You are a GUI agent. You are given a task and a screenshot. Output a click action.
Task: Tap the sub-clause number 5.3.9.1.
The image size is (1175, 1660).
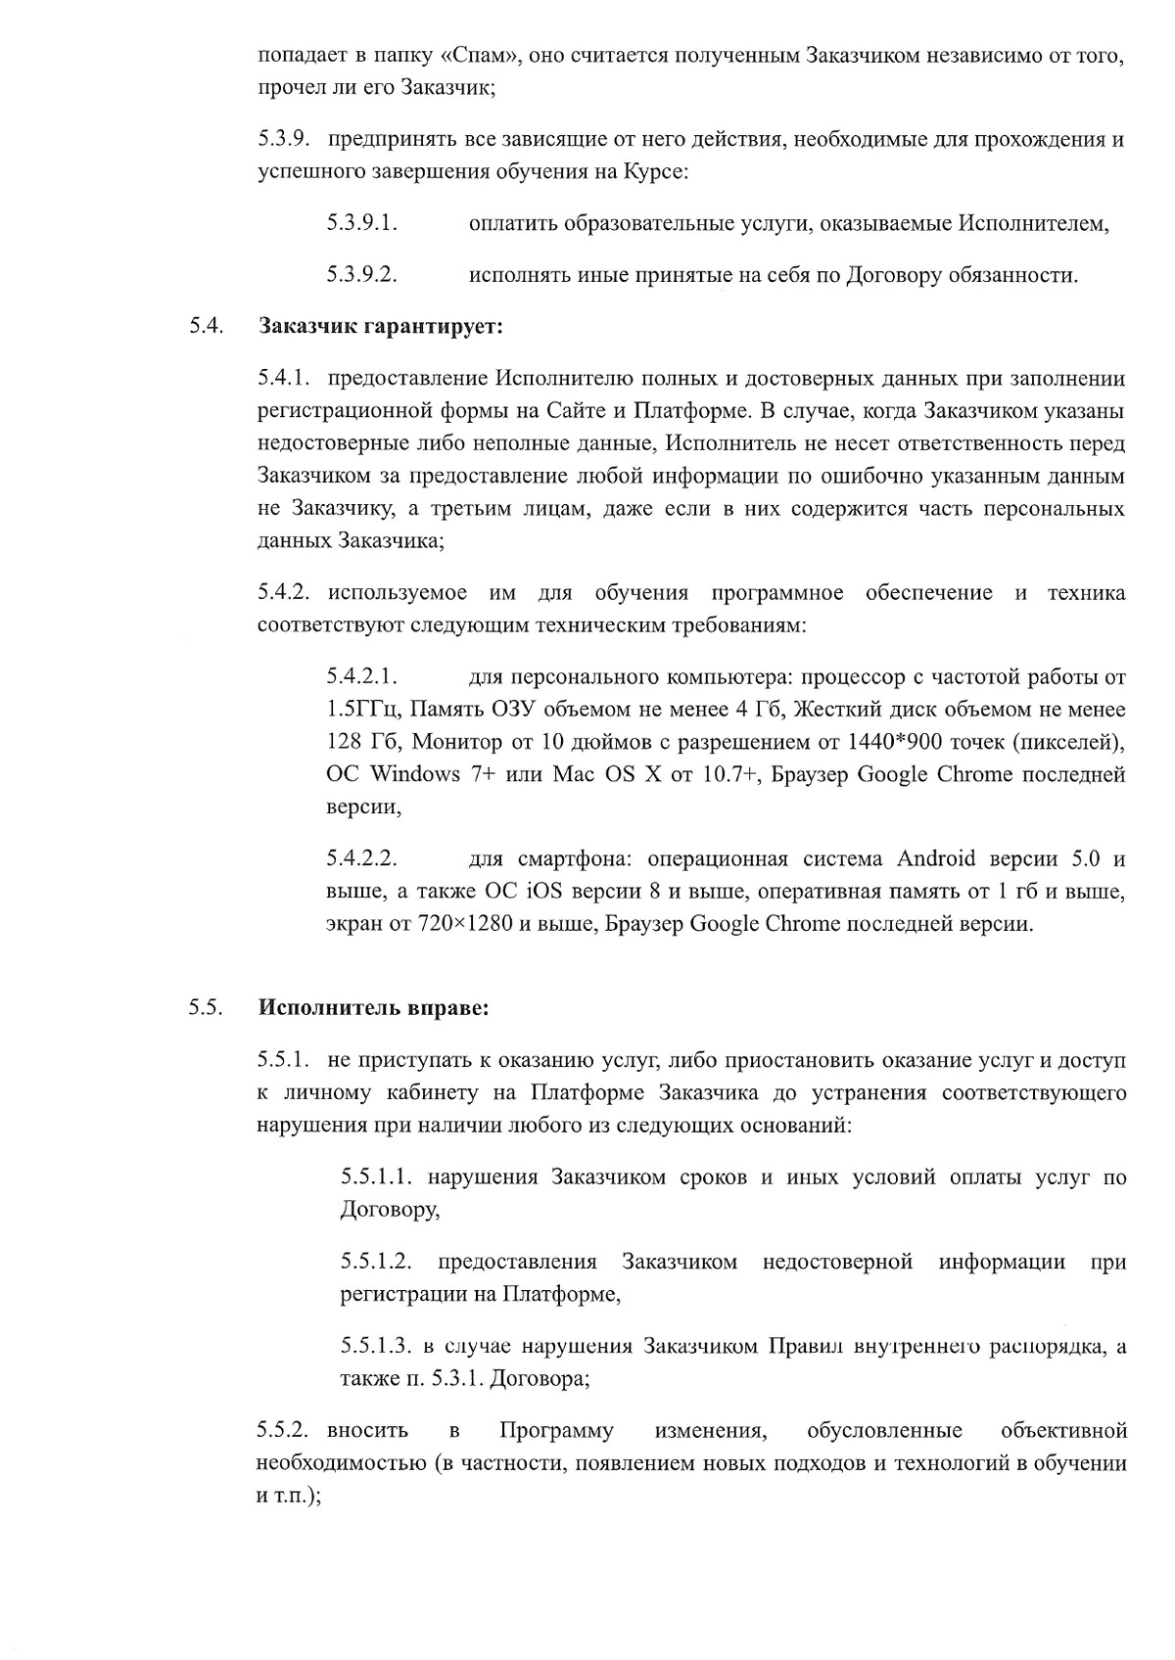[361, 223]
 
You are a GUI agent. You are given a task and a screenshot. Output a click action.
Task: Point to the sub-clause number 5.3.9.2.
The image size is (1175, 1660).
[361, 274]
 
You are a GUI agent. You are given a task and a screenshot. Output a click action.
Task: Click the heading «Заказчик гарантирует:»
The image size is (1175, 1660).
[380, 326]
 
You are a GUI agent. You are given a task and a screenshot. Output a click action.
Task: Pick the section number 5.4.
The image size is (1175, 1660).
[207, 326]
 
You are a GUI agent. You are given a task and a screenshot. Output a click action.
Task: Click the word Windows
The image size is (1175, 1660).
[415, 774]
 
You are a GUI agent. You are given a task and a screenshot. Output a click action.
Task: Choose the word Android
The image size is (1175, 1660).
[936, 859]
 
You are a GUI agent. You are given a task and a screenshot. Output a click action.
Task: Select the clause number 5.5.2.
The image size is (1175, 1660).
[284, 1431]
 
